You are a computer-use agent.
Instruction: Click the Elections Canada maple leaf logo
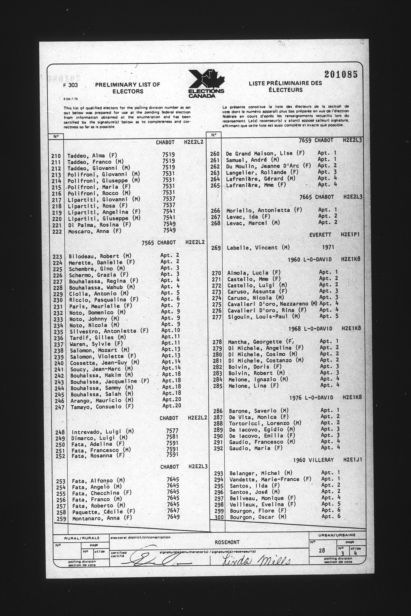click(x=207, y=83)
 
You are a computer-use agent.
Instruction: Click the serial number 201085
click(x=341, y=75)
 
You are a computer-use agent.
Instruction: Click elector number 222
click(x=57, y=232)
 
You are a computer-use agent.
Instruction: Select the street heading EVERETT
click(x=320, y=235)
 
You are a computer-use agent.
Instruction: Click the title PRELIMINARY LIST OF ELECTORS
click(x=127, y=88)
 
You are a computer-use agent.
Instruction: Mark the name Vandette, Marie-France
click(x=270, y=479)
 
